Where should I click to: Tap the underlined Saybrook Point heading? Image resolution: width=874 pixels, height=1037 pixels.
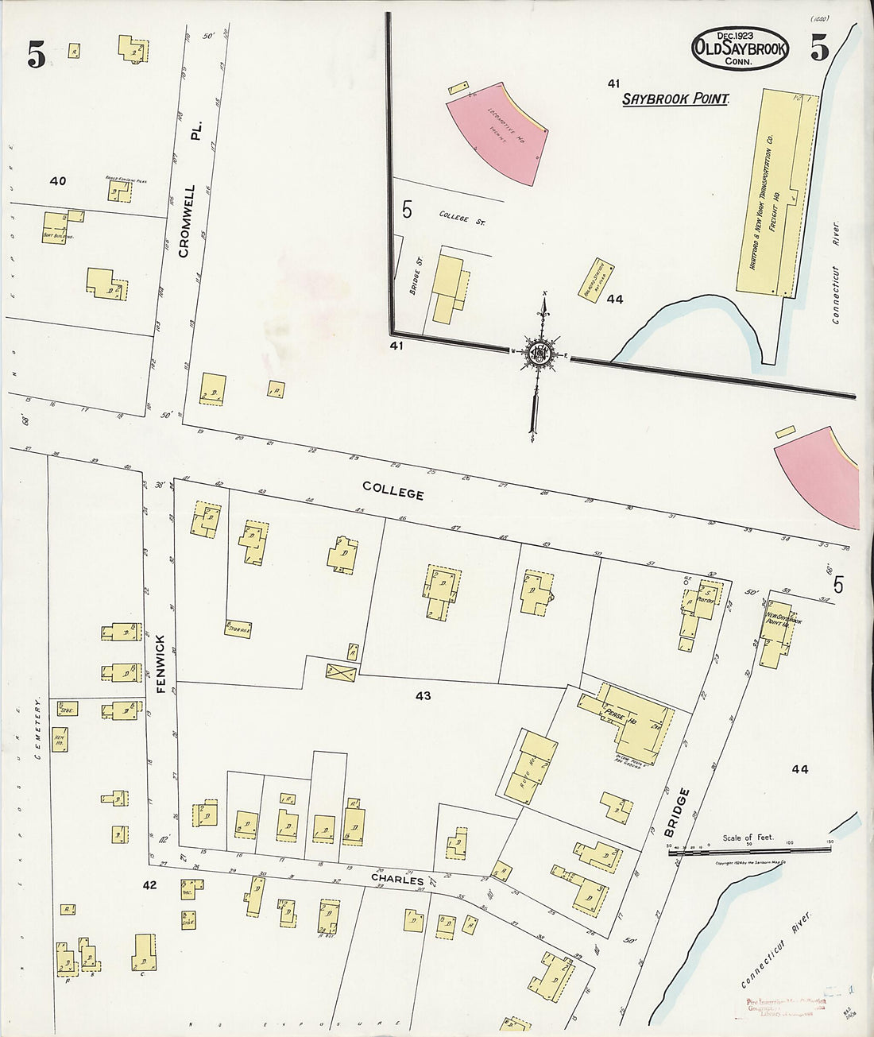coord(675,99)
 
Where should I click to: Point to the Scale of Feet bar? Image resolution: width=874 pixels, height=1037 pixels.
coord(751,849)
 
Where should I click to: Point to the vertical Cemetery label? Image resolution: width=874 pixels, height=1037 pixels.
coord(37,729)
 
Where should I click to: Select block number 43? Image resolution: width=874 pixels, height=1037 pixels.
coord(423,696)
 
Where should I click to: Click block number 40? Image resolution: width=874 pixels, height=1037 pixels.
coord(57,181)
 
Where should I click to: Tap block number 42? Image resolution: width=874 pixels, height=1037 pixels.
coord(149,884)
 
